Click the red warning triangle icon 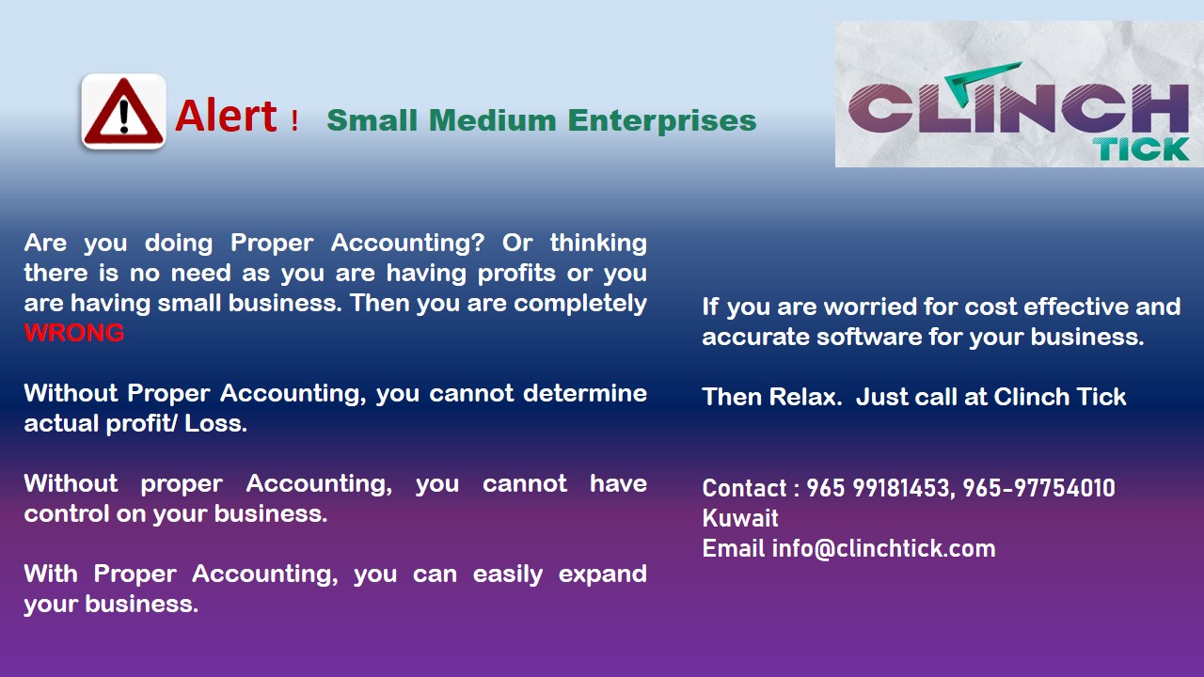[x=123, y=111]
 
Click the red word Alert [x=227, y=116]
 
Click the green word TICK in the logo [x=1141, y=149]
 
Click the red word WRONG [x=74, y=333]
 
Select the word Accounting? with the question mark [x=408, y=244]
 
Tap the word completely [x=580, y=304]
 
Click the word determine [x=585, y=393]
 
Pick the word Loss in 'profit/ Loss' [x=215, y=423]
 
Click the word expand [x=603, y=575]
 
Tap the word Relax [x=805, y=397]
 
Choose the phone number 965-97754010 [x=1038, y=488]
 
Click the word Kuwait [x=740, y=518]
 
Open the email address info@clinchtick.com [x=883, y=548]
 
